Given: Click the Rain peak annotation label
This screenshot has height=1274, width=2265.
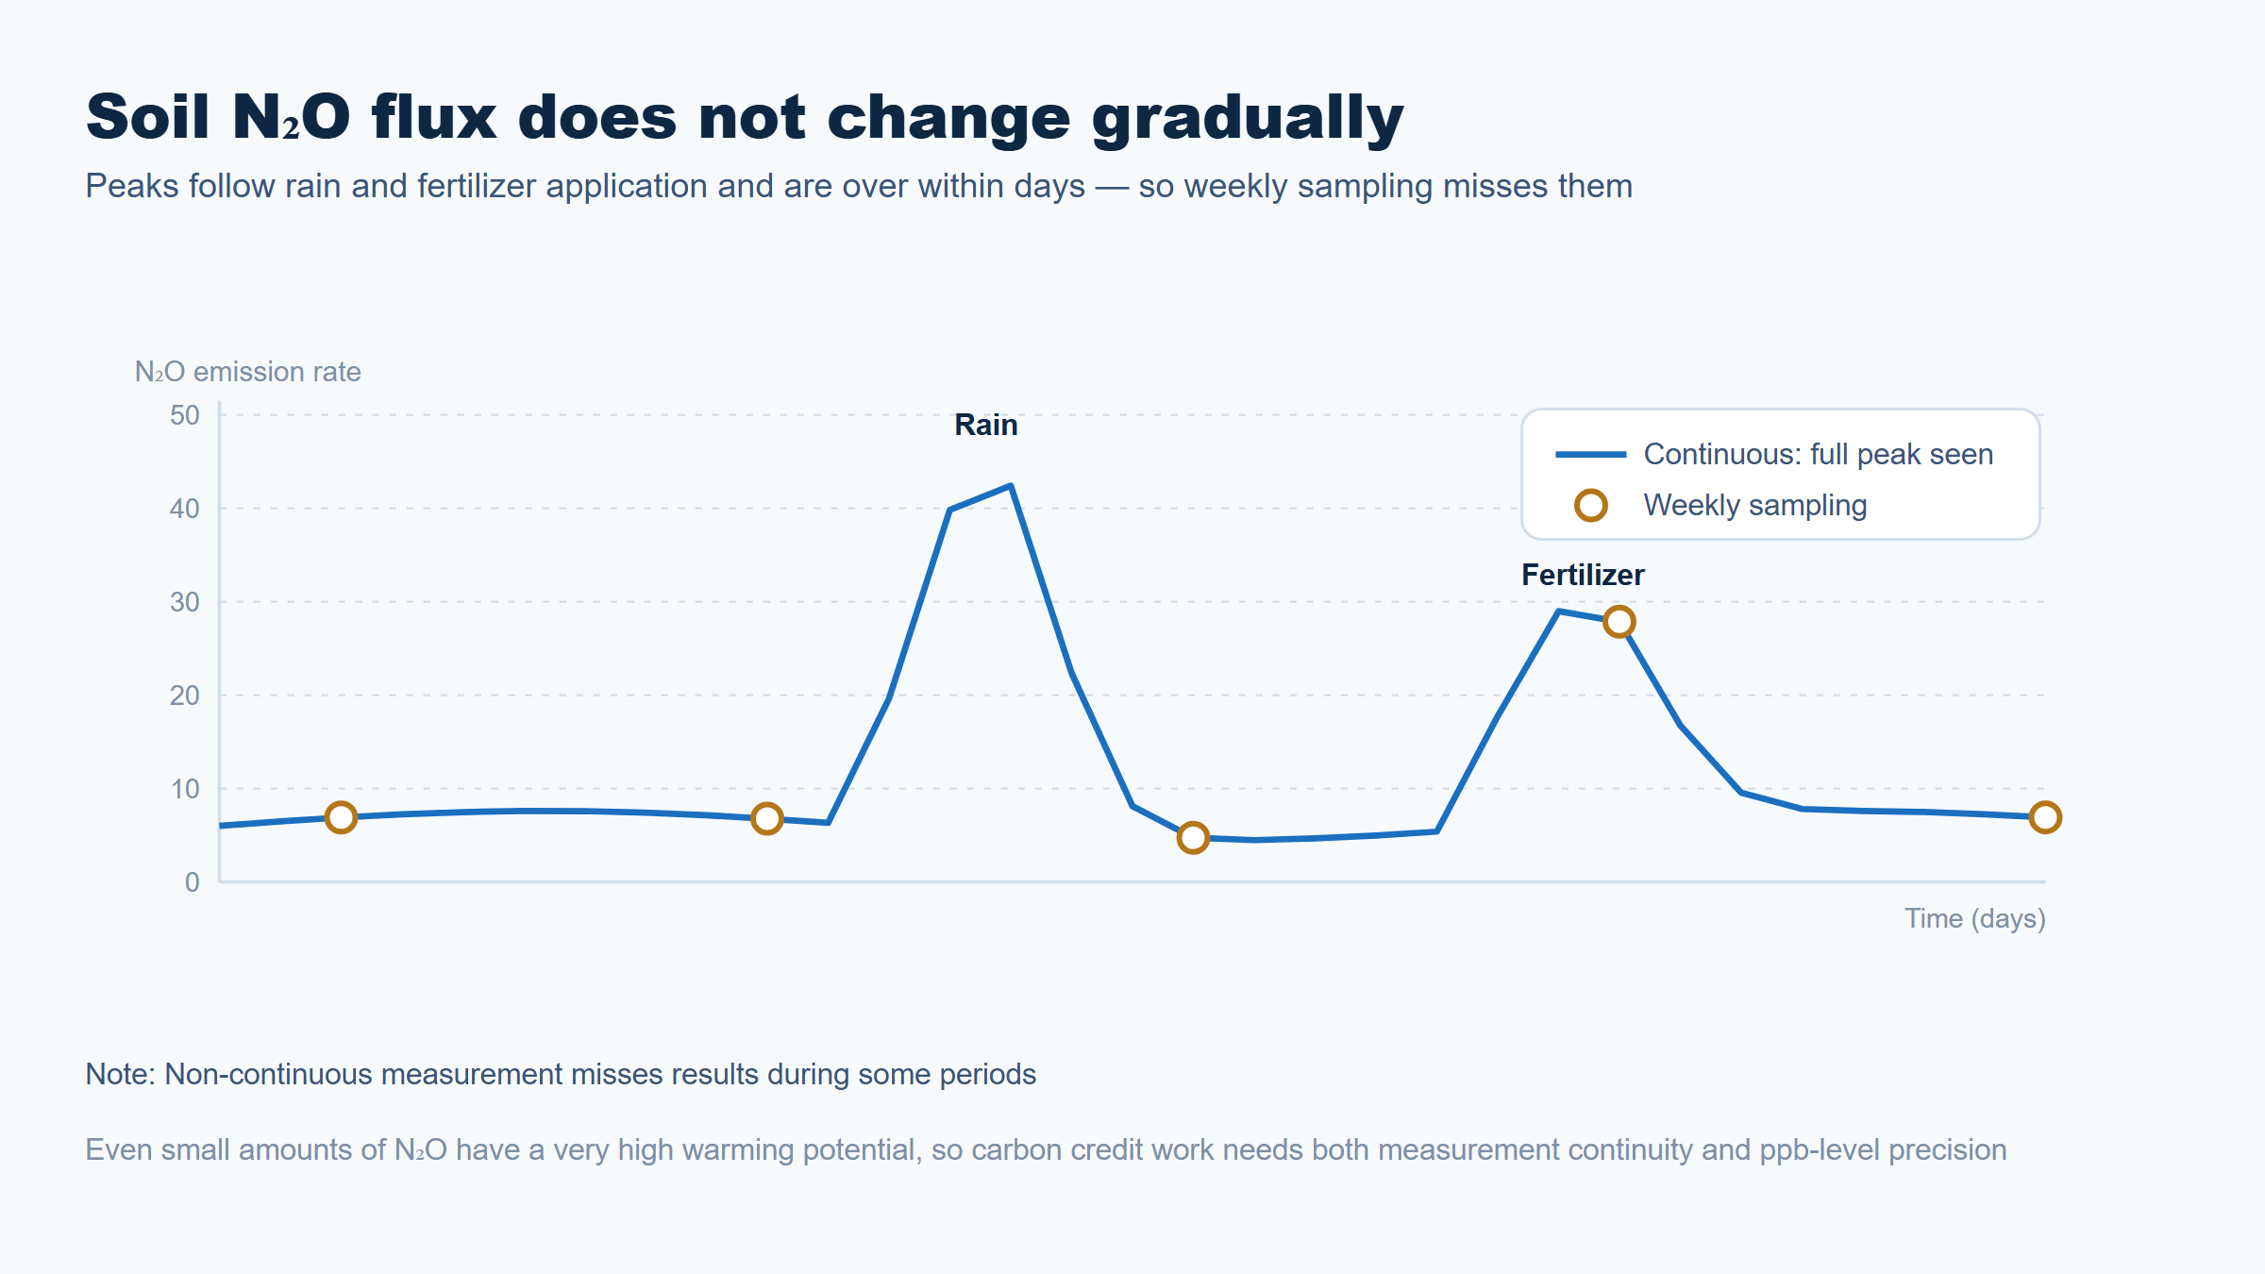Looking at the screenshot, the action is pos(986,425).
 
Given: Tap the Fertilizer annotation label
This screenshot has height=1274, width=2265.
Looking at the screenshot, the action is pos(1583,575).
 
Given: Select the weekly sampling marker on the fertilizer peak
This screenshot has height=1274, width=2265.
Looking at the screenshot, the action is pos(1619,622).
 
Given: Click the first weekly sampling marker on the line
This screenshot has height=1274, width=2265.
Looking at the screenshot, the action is pos(341,817).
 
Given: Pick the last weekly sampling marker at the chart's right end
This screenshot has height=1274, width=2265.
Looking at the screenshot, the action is pos(2045,817).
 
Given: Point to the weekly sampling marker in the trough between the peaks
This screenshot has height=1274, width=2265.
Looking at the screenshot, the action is pos(1193,837).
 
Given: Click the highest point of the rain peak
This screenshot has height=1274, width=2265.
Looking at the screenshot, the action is pos(1011,486).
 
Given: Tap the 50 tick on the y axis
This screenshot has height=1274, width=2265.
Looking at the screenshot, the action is pos(185,415).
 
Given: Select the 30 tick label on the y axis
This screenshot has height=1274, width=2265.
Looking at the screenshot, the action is pos(185,602).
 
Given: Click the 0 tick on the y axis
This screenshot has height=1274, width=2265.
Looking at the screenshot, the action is pos(193,882).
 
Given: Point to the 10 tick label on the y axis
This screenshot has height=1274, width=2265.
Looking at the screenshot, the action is pos(185,789).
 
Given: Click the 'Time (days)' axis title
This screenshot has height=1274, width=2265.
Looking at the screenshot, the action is pos(1975,918).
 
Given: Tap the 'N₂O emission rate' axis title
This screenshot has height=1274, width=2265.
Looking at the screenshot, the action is pos(248,372).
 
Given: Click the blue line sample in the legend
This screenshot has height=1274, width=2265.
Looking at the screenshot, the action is pos(1591,455).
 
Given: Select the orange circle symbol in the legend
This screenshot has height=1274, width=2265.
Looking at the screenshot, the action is pos(1591,505).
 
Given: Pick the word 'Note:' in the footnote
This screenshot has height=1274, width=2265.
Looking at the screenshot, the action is pos(121,1074).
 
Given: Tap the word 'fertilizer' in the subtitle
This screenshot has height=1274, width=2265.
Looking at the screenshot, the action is pos(477,186).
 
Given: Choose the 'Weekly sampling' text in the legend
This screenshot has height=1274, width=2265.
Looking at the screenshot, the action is pos(1755,505).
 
